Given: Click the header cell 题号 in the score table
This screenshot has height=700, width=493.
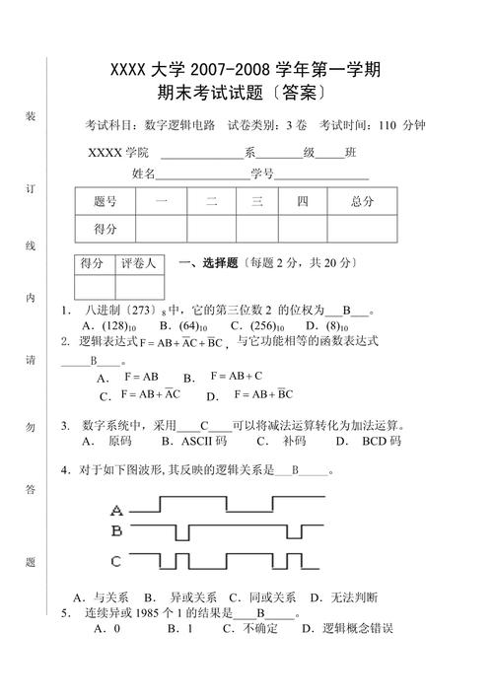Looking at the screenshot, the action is click(x=106, y=201).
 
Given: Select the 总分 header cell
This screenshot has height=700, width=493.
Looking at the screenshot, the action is click(x=363, y=201).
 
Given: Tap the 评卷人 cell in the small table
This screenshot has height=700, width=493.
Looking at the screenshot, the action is click(x=138, y=264).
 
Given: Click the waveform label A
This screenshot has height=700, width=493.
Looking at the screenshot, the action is click(x=117, y=511).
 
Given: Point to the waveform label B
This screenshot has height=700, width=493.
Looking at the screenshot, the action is click(x=116, y=532).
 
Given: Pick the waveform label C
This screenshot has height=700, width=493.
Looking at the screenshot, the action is click(x=116, y=562).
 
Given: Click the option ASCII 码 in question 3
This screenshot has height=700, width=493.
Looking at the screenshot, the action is click(x=205, y=441).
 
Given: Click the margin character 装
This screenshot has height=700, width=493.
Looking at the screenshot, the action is click(x=31, y=117).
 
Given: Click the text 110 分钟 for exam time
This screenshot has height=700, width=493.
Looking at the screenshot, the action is click(x=402, y=125).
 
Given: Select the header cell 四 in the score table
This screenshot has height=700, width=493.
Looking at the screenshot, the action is click(x=304, y=201).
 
